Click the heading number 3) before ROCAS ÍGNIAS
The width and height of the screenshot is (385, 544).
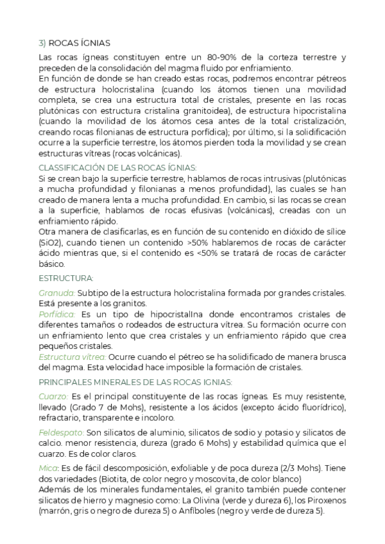42,43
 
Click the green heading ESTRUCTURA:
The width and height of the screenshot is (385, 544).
66,278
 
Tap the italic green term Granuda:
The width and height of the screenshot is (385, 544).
56,293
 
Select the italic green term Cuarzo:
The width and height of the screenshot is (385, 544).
53,396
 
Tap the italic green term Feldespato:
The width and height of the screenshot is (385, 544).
61,432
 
